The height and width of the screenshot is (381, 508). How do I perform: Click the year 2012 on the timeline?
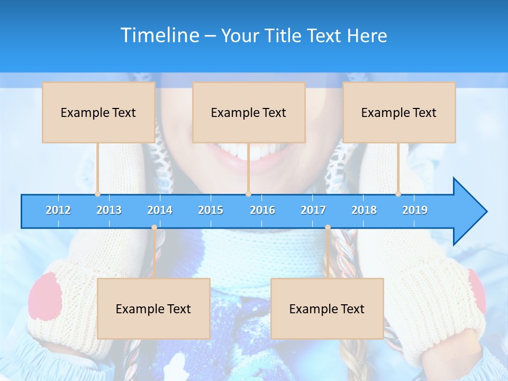(58, 210)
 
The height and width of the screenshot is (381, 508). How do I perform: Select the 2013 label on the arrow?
(109, 210)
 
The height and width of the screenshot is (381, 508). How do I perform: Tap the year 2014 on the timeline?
(160, 210)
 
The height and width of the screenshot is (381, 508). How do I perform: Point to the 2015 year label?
(211, 210)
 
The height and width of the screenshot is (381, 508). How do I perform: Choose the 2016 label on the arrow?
(262, 210)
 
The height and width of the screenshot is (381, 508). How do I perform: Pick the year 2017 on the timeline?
(313, 210)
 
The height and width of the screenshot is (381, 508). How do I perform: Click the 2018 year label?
(364, 210)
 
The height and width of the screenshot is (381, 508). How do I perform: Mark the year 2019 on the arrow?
(415, 210)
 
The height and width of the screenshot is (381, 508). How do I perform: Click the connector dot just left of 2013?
(97, 194)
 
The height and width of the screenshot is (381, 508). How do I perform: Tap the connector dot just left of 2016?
(248, 194)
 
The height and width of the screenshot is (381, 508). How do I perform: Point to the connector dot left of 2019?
(398, 194)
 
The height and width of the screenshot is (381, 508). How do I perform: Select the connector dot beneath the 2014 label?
(154, 228)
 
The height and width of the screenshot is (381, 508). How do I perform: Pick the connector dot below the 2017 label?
(328, 228)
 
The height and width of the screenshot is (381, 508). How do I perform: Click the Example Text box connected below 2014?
(153, 309)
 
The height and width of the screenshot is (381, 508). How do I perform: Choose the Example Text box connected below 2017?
(327, 309)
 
